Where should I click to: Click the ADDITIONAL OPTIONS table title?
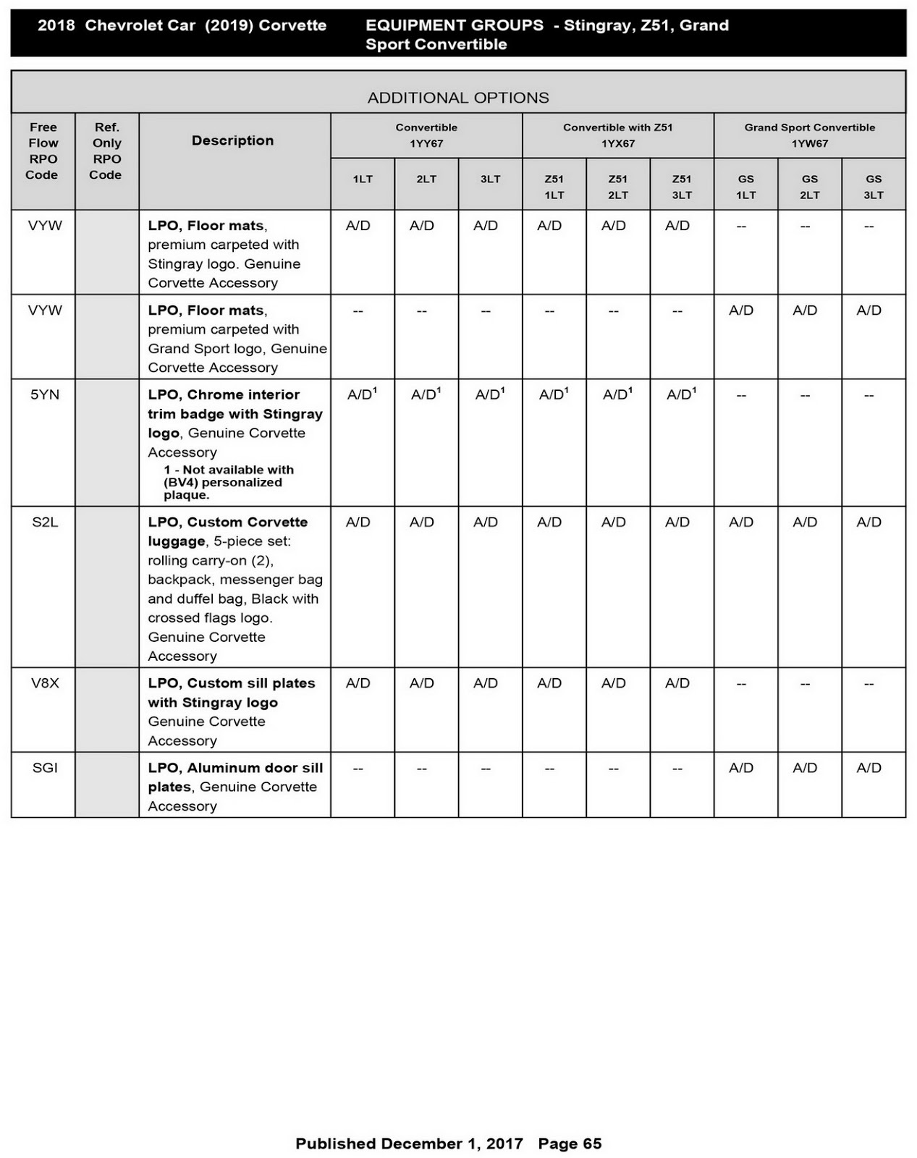pos(458,98)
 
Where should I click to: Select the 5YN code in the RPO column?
pos(45,395)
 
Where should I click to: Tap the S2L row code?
pos(45,523)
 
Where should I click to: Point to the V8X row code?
pos(45,683)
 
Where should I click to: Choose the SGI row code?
pos(45,768)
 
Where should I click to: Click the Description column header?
pos(232,140)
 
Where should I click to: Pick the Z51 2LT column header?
pos(617,187)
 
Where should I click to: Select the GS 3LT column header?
pos(873,187)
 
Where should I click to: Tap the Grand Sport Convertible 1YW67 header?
pos(809,135)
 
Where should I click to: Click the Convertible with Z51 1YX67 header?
pos(617,135)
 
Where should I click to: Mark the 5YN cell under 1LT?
pos(362,394)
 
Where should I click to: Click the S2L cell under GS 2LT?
pos(805,523)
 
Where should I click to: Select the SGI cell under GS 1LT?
pos(741,768)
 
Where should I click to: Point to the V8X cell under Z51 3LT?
pos(677,683)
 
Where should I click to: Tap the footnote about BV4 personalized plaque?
pos(228,483)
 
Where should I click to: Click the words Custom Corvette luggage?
pos(227,532)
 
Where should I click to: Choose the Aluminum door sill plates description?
pos(235,777)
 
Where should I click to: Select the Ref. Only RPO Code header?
pos(106,151)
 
